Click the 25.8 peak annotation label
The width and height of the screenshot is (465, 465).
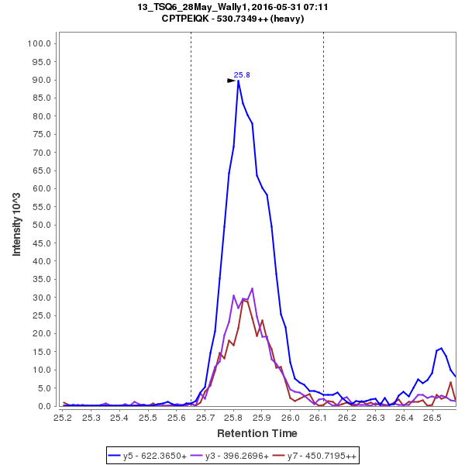(242, 75)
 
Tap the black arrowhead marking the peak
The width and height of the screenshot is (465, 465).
(231, 80)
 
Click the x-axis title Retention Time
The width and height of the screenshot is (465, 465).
(257, 433)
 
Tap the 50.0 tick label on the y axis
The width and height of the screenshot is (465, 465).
(41, 225)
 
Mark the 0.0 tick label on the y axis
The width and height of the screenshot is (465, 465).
(44, 406)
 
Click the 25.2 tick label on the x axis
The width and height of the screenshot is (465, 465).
(63, 418)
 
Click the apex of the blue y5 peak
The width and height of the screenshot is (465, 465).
(239, 81)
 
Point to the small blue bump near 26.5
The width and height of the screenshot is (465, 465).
(441, 349)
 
